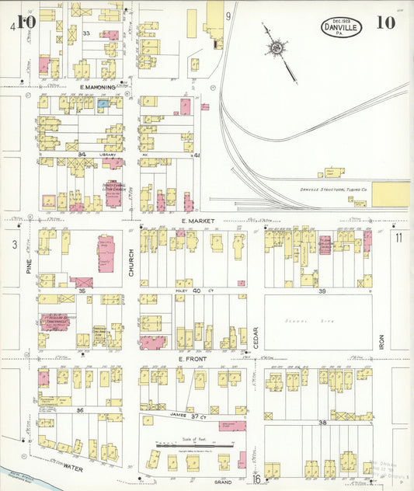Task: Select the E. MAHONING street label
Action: point(98,88)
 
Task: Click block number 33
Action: point(87,33)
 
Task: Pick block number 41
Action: point(197,155)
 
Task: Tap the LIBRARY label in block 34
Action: point(109,155)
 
